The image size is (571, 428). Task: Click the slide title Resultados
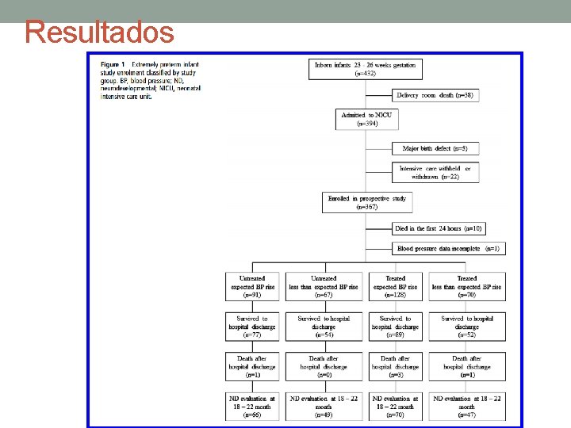tap(99, 32)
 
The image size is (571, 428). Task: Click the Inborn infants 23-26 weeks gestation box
tap(366, 69)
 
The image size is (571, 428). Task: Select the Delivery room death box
tap(435, 95)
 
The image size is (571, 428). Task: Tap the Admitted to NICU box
tap(366, 119)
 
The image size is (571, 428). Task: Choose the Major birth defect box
tap(435, 148)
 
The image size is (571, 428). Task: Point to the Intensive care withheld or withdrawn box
tap(435, 173)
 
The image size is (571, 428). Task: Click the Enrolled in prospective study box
tap(366, 203)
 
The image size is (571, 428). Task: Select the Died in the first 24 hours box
tap(438, 228)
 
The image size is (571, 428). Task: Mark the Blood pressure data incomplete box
tap(448, 248)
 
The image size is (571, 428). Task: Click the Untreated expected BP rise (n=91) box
tap(252, 286)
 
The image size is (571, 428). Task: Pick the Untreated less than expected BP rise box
tap(324, 286)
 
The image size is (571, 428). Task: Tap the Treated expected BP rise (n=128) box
tap(395, 286)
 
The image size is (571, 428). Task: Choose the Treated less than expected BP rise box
tap(467, 286)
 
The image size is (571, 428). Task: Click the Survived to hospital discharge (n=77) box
tap(252, 326)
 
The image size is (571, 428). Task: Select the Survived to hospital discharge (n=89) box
tap(395, 326)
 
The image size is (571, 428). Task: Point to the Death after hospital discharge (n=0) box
tap(324, 366)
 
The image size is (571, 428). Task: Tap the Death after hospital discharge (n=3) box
tap(395, 366)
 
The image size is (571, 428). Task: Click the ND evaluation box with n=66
tap(252, 406)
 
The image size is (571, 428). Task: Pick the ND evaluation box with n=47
tap(467, 406)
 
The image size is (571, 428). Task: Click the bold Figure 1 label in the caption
tap(113, 63)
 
